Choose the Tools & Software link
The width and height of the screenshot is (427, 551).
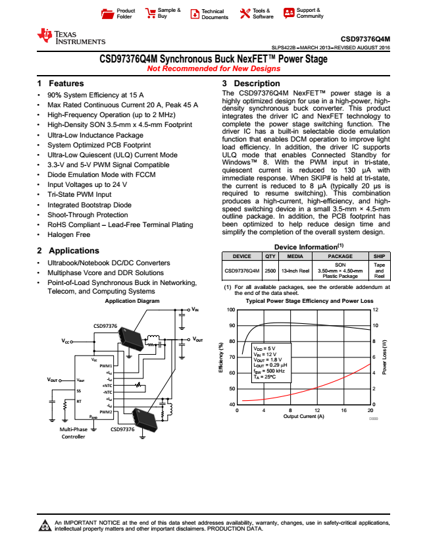[x=257, y=13]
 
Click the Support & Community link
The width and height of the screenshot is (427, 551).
[x=303, y=13]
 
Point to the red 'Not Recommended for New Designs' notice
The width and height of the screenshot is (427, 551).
[x=213, y=68]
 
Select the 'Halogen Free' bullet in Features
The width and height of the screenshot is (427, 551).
[x=68, y=234]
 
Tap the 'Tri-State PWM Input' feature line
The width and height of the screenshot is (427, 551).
[x=79, y=195]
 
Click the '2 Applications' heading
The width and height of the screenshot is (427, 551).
[x=68, y=251]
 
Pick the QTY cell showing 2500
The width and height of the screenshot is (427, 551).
[x=270, y=270]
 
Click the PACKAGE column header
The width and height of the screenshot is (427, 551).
[x=340, y=256]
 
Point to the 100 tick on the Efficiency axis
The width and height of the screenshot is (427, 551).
[x=231, y=309]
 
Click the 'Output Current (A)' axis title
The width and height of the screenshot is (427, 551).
[x=303, y=417]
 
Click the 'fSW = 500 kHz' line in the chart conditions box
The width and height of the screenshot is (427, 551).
[x=272, y=371]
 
